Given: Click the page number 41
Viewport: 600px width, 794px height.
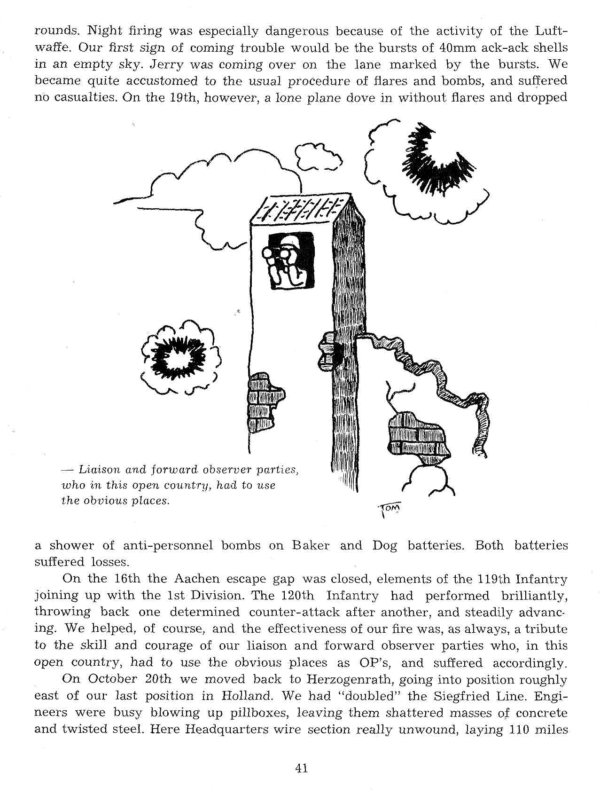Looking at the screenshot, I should [x=301, y=768].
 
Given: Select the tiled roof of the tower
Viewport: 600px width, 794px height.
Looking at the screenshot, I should [x=301, y=209].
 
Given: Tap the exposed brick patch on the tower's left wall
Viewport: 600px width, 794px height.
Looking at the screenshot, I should [x=263, y=402].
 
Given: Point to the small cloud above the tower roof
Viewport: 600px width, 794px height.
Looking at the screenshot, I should [x=317, y=156].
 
